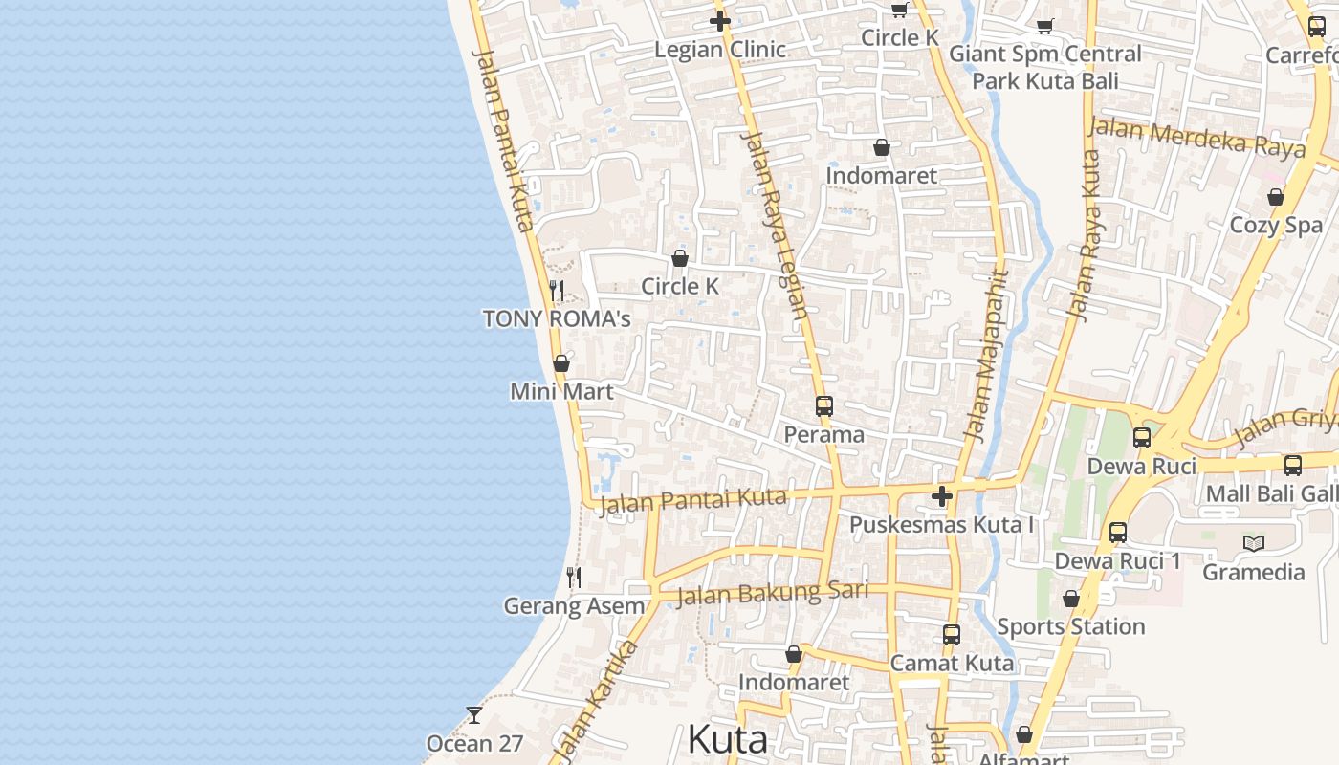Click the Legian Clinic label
click(x=719, y=50)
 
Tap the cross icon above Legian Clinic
click(x=720, y=21)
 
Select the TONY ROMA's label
click(x=557, y=318)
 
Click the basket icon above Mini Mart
click(x=561, y=363)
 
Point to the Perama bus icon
click(x=824, y=406)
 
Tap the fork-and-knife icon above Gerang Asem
click(x=574, y=577)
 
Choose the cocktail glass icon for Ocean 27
click(x=474, y=714)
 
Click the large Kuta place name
click(x=727, y=739)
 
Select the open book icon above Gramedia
click(x=1253, y=543)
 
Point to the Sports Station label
click(x=1070, y=626)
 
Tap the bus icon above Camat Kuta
click(x=951, y=634)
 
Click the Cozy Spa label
click(x=1276, y=226)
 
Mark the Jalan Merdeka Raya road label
click(x=1196, y=138)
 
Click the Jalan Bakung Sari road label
click(x=772, y=594)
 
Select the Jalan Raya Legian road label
click(x=774, y=225)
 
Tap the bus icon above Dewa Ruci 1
click(x=1117, y=533)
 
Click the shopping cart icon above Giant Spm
click(x=1044, y=26)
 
